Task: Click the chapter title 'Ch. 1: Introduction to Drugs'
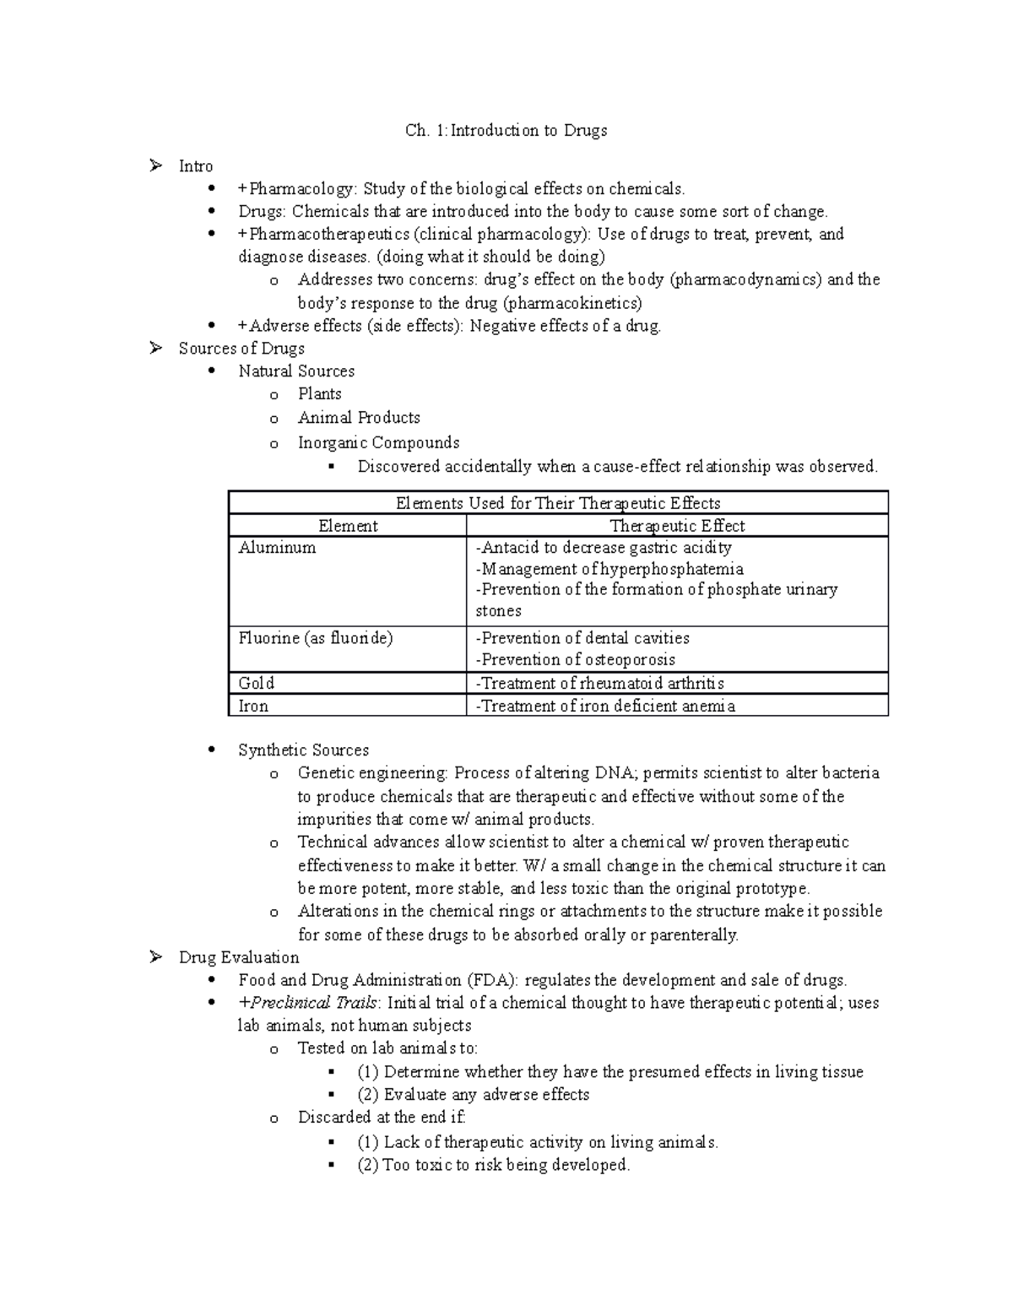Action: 506,131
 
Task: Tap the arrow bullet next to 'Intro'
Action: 155,166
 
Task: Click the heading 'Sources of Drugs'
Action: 241,349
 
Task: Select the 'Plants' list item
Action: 319,394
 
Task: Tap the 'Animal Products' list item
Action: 358,418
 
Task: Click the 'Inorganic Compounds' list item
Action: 378,442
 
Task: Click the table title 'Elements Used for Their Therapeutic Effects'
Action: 558,504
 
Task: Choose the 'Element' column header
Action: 348,526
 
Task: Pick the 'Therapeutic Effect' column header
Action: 677,526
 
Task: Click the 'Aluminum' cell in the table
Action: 277,548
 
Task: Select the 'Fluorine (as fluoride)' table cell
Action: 316,638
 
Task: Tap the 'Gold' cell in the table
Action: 257,683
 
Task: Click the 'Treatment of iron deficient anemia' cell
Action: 605,706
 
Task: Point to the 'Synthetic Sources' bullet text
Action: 303,750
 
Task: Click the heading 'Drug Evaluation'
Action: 239,957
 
